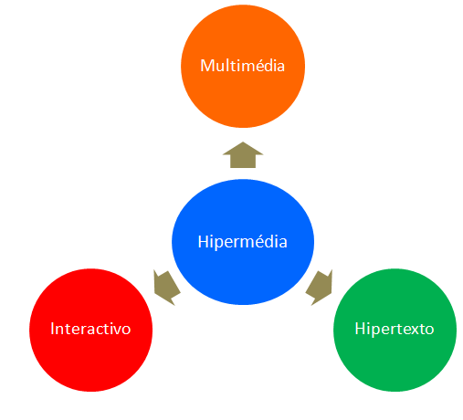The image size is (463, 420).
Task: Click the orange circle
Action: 243,66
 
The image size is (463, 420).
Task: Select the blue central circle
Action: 243,242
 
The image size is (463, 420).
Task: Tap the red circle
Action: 90,330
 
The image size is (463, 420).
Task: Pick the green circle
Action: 395,330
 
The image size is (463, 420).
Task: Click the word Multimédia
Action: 242,66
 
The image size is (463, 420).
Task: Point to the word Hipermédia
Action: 242,242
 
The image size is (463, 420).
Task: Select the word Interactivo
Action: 90,329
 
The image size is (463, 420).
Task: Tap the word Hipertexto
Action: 395,330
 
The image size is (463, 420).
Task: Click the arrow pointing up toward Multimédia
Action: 243,155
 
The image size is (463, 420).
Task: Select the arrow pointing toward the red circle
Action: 166,288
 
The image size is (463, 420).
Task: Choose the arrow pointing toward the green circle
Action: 319,288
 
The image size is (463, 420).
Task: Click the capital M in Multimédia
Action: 207,66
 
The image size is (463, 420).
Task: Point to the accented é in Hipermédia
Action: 256,242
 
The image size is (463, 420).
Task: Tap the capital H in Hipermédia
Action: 204,242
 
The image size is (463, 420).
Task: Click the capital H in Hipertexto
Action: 361,329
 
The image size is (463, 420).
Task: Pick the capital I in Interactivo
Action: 52,329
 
